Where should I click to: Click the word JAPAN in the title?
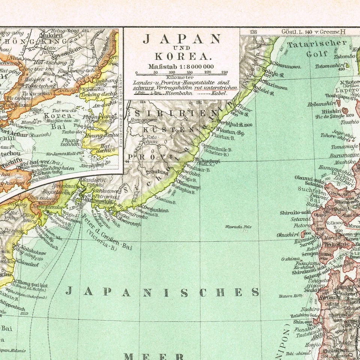pyautogui.click(x=181, y=39)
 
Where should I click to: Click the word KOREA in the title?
pyautogui.click(x=181, y=57)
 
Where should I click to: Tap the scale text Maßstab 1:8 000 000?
pyautogui.click(x=181, y=67)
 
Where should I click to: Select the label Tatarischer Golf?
pyautogui.click(x=317, y=48)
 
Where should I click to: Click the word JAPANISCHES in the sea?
pyautogui.click(x=162, y=292)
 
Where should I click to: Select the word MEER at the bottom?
pyautogui.click(x=154, y=356)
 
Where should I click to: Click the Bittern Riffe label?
pyautogui.click(x=291, y=296)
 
